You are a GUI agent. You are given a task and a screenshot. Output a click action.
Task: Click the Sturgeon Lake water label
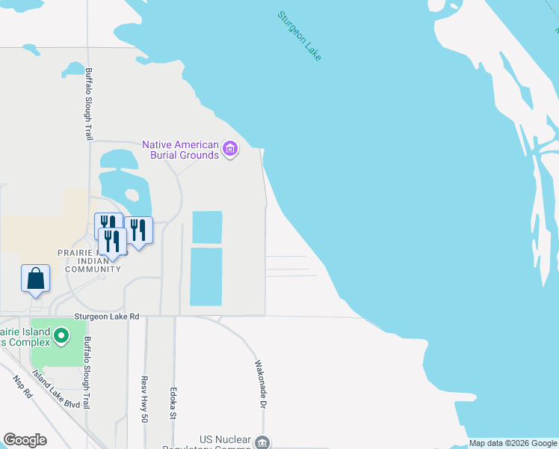299,35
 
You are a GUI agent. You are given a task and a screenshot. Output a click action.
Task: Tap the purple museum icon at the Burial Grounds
230,150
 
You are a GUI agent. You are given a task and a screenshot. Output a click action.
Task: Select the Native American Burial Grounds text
181,150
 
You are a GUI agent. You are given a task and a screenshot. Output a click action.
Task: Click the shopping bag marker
35,278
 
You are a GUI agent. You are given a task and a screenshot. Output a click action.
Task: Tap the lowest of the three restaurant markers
112,242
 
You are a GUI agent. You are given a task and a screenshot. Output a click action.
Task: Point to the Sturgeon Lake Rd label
106,317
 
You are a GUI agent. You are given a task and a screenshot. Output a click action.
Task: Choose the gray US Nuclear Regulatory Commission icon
262,442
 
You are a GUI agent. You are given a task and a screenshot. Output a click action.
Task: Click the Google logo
25,440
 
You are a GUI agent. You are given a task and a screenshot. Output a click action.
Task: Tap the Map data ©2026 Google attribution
513,444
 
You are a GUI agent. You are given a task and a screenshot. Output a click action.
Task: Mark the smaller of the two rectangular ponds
207,227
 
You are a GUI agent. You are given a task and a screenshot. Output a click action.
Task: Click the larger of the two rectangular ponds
206,276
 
